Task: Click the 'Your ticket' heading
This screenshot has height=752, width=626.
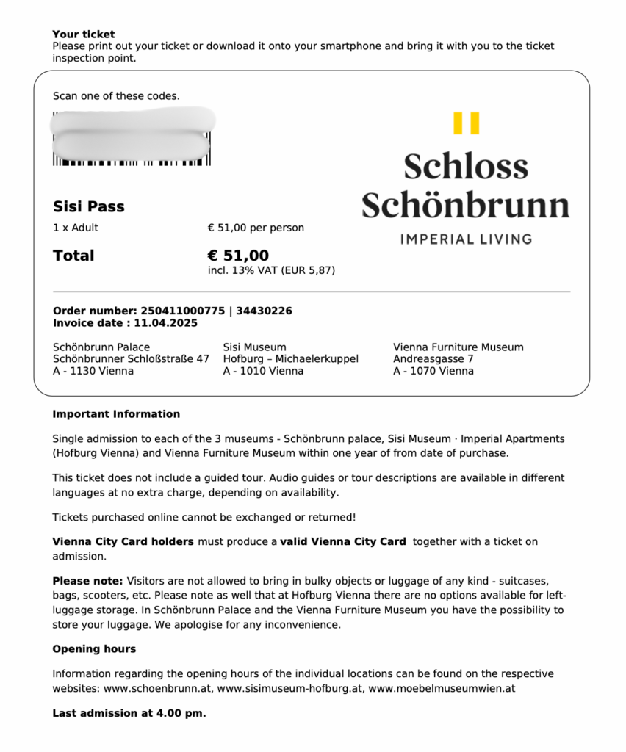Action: tap(84, 34)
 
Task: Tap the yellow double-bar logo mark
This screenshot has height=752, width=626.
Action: tap(466, 123)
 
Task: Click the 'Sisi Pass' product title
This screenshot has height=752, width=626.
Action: tap(89, 206)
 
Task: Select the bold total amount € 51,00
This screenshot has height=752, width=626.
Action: tap(238, 256)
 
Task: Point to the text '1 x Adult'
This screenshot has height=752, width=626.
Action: tap(76, 228)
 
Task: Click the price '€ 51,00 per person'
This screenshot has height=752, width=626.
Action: tap(256, 228)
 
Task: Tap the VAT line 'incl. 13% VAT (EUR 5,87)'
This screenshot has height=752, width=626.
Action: tap(271, 270)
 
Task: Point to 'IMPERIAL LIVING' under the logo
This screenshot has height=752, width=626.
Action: tap(466, 239)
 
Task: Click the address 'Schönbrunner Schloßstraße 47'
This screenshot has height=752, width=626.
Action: tap(131, 359)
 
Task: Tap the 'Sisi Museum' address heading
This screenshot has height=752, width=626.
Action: tap(254, 347)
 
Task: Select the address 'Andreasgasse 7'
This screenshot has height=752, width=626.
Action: tap(433, 359)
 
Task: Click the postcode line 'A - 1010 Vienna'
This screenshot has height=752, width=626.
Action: tap(263, 371)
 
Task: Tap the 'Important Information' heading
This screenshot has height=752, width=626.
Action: tap(116, 414)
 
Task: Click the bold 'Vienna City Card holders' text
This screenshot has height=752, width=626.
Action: tap(123, 542)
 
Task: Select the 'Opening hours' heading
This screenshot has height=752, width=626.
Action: tap(94, 649)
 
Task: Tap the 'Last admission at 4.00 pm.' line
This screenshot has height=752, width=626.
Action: tap(129, 713)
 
